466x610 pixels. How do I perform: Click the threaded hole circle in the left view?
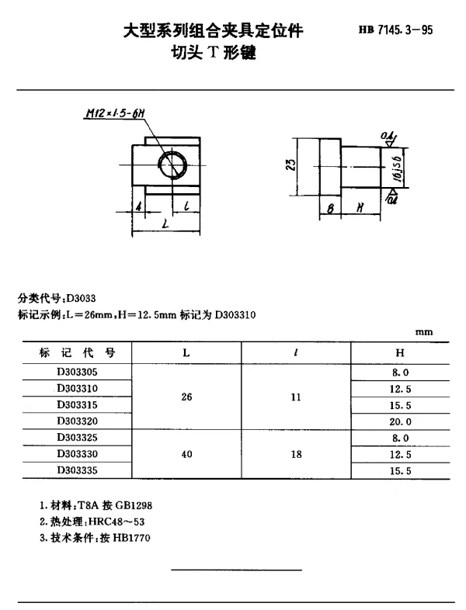[x=172, y=164]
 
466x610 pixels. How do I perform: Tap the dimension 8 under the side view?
[x=329, y=209]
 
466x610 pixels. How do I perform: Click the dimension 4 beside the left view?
[x=137, y=207]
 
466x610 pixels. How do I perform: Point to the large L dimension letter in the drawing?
[x=165, y=224]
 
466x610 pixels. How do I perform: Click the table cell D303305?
[x=77, y=372]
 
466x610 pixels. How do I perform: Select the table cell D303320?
[x=77, y=421]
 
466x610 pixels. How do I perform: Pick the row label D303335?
[x=77, y=470]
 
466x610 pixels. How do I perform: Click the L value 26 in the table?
[x=186, y=397]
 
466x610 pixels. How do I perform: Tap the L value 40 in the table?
[x=186, y=454]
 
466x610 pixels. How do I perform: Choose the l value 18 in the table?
[x=296, y=454]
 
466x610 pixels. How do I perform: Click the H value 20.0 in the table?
[x=400, y=421]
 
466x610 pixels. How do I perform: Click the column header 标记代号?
[x=78, y=353]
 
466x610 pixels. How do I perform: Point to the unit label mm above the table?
[x=424, y=333]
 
